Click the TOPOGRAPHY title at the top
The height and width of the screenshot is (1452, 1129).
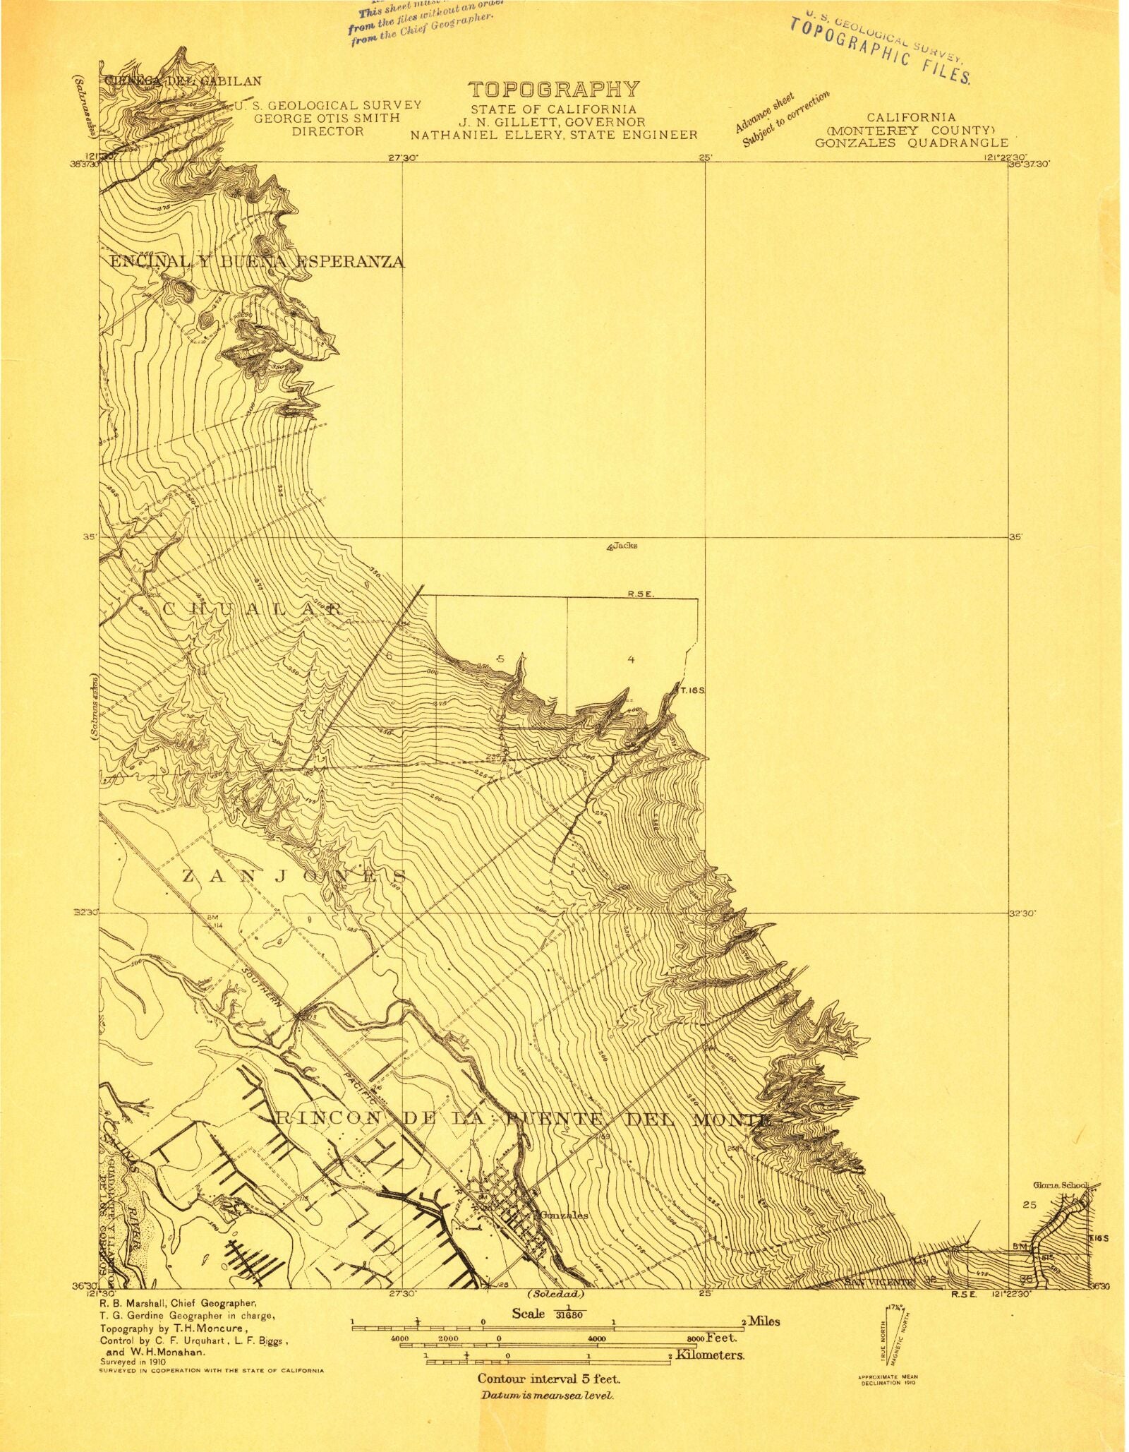(554, 90)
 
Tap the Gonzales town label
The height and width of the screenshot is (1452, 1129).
(563, 1216)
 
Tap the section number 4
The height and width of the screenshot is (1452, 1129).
(631, 659)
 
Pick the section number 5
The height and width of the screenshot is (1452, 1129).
(500, 659)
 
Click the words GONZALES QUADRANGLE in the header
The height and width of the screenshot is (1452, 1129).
(911, 143)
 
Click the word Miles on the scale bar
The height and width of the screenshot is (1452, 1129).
(763, 1321)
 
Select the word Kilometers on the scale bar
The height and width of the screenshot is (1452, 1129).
(709, 1355)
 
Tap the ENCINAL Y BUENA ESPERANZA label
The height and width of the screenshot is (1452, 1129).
(257, 262)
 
